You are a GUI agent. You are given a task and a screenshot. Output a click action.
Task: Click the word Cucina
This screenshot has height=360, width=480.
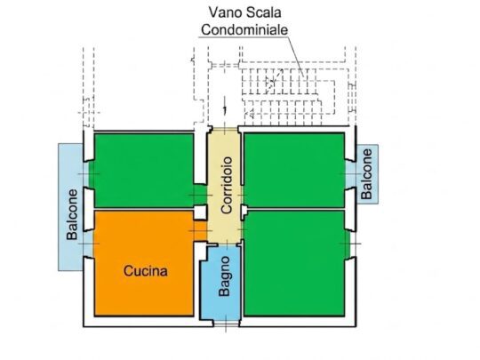(x=146, y=271)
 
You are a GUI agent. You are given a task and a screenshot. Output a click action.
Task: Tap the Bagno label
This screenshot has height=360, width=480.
(x=224, y=276)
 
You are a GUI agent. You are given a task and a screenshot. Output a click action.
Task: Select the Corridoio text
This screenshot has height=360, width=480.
(x=227, y=185)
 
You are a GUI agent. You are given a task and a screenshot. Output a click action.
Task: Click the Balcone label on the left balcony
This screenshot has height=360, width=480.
(x=72, y=214)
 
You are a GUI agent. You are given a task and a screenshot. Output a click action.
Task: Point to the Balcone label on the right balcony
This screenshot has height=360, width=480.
(x=366, y=174)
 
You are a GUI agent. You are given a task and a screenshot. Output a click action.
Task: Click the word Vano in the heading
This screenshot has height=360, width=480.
(x=222, y=12)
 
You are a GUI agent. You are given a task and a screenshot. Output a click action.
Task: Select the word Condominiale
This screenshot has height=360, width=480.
(x=244, y=29)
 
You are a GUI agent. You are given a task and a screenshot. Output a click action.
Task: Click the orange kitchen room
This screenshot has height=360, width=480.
(x=144, y=263)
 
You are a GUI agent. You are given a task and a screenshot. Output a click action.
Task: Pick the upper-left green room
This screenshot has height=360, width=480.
(x=144, y=171)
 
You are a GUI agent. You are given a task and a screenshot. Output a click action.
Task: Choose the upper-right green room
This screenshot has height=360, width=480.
(x=294, y=170)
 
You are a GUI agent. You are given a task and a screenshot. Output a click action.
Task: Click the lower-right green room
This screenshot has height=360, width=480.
(x=294, y=263)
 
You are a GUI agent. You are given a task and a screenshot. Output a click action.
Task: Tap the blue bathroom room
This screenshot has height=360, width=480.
(x=220, y=284)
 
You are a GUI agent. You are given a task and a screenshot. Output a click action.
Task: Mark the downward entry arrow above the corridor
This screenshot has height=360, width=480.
(x=225, y=106)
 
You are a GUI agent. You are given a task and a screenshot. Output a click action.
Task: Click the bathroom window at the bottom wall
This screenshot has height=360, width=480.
(x=226, y=324)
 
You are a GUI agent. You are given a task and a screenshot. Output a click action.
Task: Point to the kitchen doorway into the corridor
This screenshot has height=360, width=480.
(x=201, y=230)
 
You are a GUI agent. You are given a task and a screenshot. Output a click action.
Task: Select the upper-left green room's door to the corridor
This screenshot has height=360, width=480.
(x=201, y=195)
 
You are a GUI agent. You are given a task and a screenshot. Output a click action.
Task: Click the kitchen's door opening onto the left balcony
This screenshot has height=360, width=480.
(x=88, y=244)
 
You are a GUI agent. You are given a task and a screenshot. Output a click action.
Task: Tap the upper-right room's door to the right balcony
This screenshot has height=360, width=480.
(x=350, y=174)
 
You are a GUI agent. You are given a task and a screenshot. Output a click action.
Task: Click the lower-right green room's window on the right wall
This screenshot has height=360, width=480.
(x=350, y=244)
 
